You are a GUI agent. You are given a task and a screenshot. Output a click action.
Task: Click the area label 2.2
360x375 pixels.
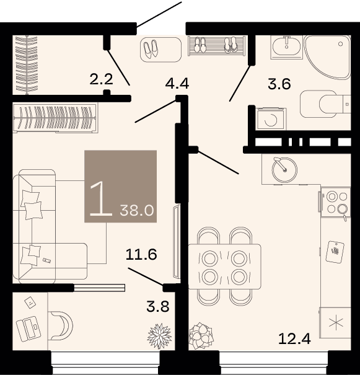click(x=101, y=79)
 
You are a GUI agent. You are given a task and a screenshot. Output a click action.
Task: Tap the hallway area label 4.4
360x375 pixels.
click(x=177, y=84)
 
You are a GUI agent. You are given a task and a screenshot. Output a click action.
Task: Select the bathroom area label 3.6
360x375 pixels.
click(x=279, y=84)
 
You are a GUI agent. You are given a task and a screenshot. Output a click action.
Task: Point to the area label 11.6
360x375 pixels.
click(x=141, y=254)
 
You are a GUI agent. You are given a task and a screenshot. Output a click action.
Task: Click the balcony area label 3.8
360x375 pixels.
click(x=158, y=306)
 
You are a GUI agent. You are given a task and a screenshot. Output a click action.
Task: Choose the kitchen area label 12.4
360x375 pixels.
click(x=294, y=338)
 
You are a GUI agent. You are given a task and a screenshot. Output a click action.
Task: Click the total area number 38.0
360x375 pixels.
click(x=137, y=211)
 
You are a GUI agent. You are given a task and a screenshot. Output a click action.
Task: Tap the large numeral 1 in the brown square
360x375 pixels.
click(x=101, y=198)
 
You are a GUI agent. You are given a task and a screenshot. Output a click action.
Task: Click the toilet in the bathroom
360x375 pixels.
click(x=325, y=104)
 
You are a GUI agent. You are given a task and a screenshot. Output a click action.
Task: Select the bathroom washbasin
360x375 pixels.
click(x=287, y=47)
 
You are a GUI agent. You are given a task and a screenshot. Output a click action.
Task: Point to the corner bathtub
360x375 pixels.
click(x=328, y=57)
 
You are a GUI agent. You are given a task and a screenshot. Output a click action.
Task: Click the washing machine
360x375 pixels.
click(x=271, y=119)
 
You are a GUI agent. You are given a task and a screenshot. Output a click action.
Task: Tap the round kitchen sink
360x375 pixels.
click(x=284, y=170)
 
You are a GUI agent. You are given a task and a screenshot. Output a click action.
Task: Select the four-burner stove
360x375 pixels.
click(x=336, y=202)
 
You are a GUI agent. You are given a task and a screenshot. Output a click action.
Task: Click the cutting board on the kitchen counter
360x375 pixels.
click(x=335, y=252)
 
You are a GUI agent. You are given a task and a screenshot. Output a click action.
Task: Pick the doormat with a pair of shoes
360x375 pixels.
click(x=160, y=50)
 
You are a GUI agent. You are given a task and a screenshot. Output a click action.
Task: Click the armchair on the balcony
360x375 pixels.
click(x=61, y=325)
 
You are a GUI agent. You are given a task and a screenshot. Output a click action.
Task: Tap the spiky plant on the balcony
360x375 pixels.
click(x=159, y=336)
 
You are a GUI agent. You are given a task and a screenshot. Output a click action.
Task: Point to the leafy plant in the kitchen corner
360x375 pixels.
click(x=201, y=336)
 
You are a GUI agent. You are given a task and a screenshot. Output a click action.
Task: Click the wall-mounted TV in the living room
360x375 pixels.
click(x=177, y=241)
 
